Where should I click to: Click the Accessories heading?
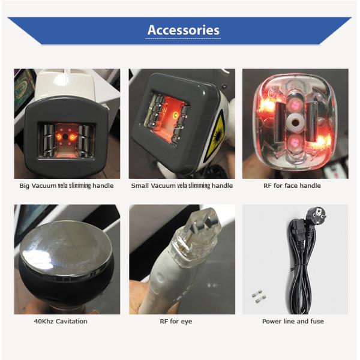pos(183,30)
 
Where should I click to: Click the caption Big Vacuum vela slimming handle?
pos(67,186)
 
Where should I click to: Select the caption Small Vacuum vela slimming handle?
pos(182,186)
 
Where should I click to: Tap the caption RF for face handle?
pos(292,186)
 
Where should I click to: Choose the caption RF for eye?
pos(176,321)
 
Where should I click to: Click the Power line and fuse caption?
pos(293,321)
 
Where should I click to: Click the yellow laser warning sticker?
pos(216,135)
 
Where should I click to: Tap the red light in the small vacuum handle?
pos(176,114)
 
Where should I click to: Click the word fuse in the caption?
pos(316,321)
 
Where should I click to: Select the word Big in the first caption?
pos(25,186)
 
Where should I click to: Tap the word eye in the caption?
pos(186,321)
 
